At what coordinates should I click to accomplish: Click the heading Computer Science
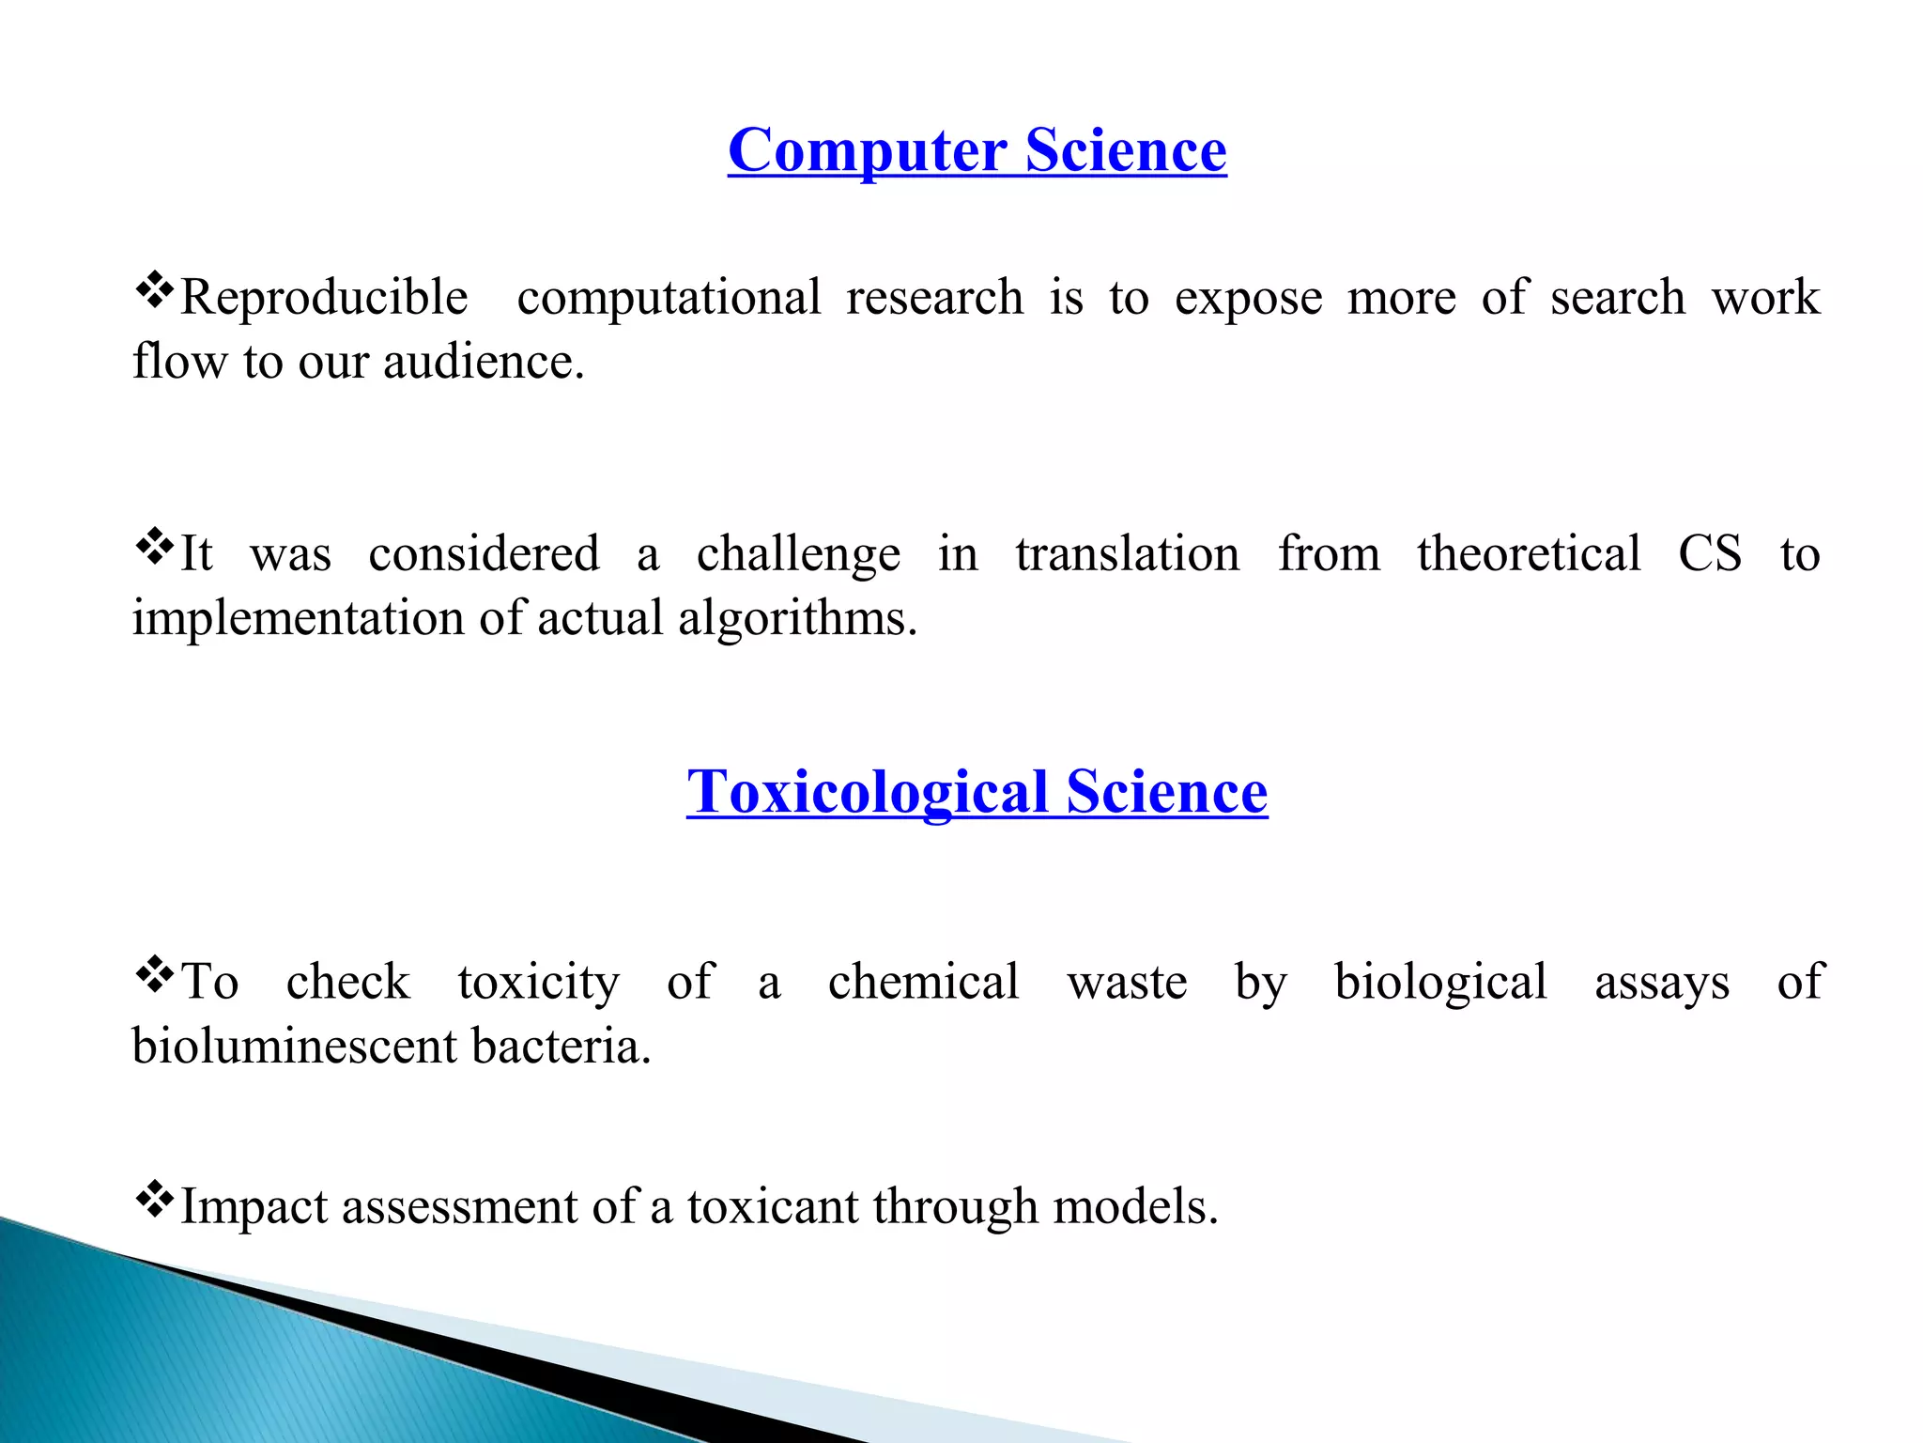pos(977,150)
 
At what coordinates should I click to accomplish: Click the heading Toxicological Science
pos(977,791)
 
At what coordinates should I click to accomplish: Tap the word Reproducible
pos(324,298)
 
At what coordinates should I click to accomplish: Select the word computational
pos(669,298)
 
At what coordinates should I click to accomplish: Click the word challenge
pos(798,554)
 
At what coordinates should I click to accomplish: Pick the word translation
pos(1127,553)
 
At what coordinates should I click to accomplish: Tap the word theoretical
pos(1529,553)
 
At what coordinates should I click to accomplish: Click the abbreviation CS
pos(1710,553)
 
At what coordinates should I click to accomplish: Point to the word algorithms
pos(797,620)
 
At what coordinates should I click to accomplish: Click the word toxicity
pos(539,983)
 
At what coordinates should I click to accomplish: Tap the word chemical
pos(923,982)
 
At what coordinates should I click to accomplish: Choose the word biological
pos(1440,983)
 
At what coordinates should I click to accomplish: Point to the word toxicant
pos(772,1206)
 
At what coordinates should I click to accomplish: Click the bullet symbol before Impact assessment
pos(154,1199)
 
